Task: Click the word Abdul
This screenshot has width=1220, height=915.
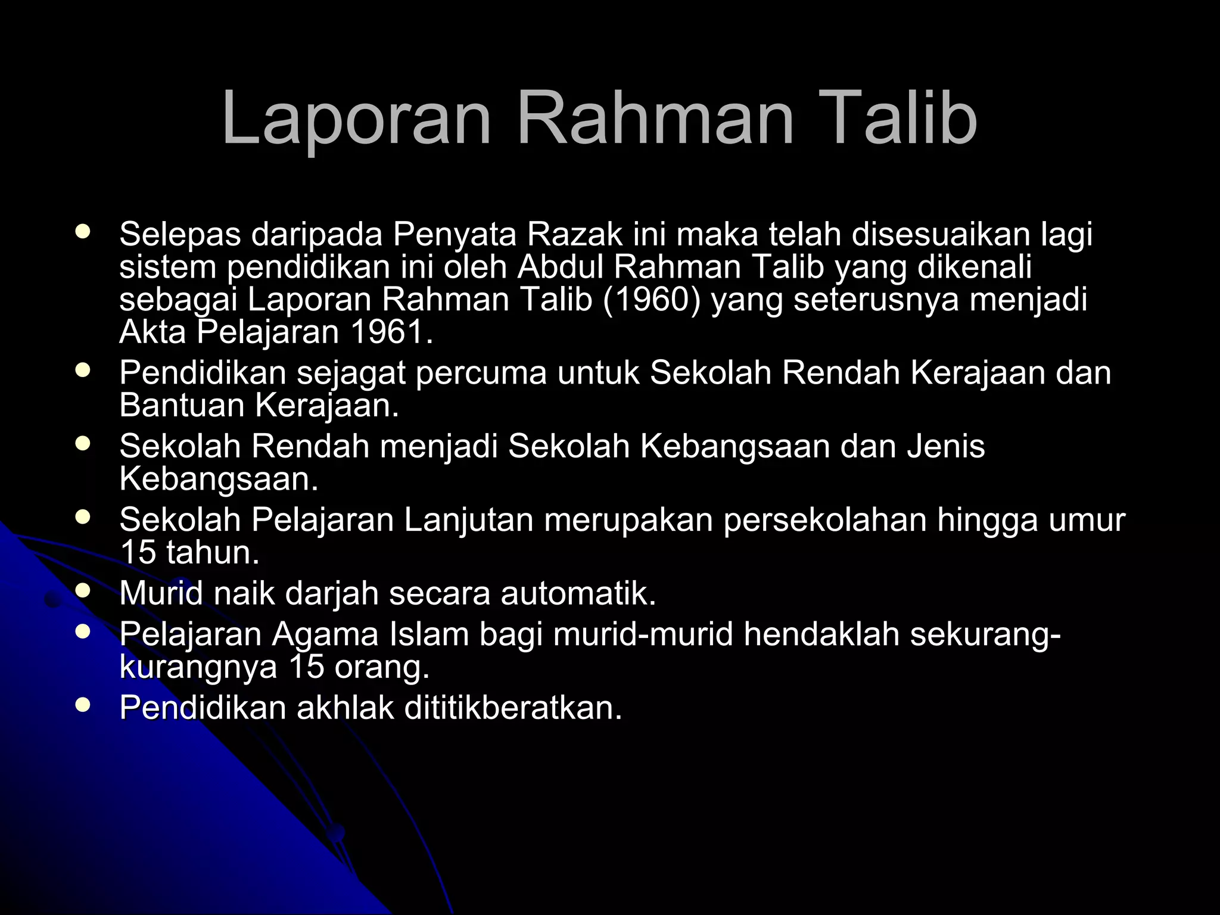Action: point(561,267)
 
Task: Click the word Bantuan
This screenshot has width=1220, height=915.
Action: point(182,406)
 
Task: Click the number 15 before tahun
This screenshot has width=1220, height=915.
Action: point(138,553)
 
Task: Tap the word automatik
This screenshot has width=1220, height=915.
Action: point(578,593)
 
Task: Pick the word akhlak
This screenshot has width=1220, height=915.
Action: point(345,708)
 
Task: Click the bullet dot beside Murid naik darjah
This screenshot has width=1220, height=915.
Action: point(83,590)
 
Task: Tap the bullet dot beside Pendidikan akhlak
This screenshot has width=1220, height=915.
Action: point(83,705)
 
